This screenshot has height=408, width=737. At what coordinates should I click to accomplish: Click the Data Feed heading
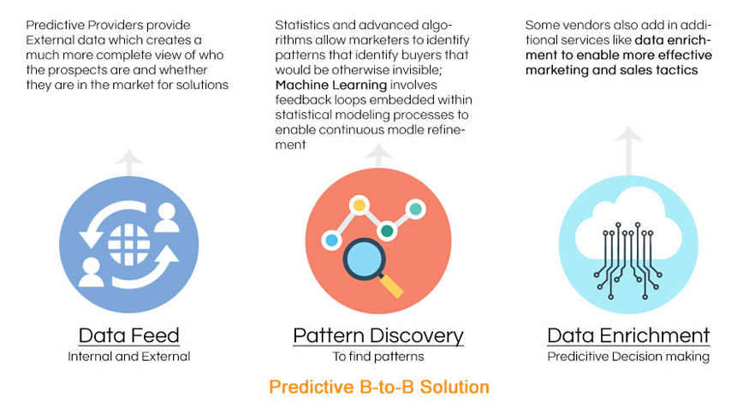coord(128,335)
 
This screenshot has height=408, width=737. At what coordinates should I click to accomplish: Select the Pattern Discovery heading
coord(378,336)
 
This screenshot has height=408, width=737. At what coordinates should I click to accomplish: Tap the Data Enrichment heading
coord(628,335)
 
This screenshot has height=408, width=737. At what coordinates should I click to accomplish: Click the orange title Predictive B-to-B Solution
coord(379,387)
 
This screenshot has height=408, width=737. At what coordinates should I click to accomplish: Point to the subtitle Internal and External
coord(128,357)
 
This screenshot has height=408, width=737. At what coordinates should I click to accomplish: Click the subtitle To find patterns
coord(378,357)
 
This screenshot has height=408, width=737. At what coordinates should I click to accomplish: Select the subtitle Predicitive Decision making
coord(628,357)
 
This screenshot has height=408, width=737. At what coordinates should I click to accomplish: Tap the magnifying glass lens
coord(365,260)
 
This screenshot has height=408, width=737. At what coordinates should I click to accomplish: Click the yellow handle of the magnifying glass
coord(391,286)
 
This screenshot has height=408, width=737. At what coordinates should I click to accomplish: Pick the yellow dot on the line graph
coord(360,205)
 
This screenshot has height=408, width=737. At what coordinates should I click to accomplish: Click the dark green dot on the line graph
coord(387,231)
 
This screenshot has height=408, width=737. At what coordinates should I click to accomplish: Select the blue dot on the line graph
coord(331,239)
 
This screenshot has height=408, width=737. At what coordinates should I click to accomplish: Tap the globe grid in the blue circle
coord(128,244)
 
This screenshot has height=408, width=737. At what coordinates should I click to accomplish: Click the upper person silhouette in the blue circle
coord(167,217)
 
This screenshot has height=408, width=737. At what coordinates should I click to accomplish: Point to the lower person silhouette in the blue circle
coord(91,272)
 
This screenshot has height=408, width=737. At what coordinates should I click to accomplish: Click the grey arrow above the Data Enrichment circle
coord(628,151)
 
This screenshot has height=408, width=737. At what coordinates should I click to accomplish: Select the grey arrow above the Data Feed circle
coord(128,163)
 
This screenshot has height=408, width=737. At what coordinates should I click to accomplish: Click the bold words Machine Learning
coord(331,85)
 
